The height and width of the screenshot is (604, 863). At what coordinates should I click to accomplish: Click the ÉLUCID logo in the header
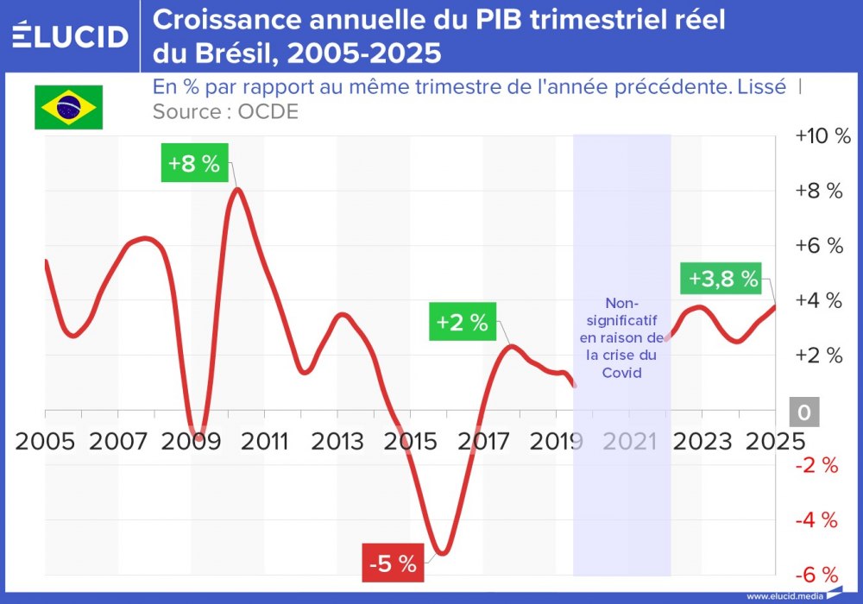(71, 36)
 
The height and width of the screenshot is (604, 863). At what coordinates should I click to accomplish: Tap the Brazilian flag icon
(68, 107)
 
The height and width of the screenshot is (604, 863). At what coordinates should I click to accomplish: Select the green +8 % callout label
(194, 164)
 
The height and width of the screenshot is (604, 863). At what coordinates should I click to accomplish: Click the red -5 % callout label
(393, 565)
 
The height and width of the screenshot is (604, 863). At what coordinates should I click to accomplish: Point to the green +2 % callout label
(462, 323)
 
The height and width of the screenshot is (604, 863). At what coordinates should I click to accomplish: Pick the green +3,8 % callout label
(723, 279)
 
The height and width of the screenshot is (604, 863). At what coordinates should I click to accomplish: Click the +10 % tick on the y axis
(822, 136)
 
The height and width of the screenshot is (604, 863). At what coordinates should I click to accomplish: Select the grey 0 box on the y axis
(804, 413)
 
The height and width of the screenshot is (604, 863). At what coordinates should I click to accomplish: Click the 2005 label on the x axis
(44, 442)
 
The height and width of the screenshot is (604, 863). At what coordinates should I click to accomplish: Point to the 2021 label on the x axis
(629, 442)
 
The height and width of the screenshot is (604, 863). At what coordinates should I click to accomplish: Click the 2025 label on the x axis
(774, 442)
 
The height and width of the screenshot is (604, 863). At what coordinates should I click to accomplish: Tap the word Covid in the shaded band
(622, 373)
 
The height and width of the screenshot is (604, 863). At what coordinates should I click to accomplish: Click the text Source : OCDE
(225, 112)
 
